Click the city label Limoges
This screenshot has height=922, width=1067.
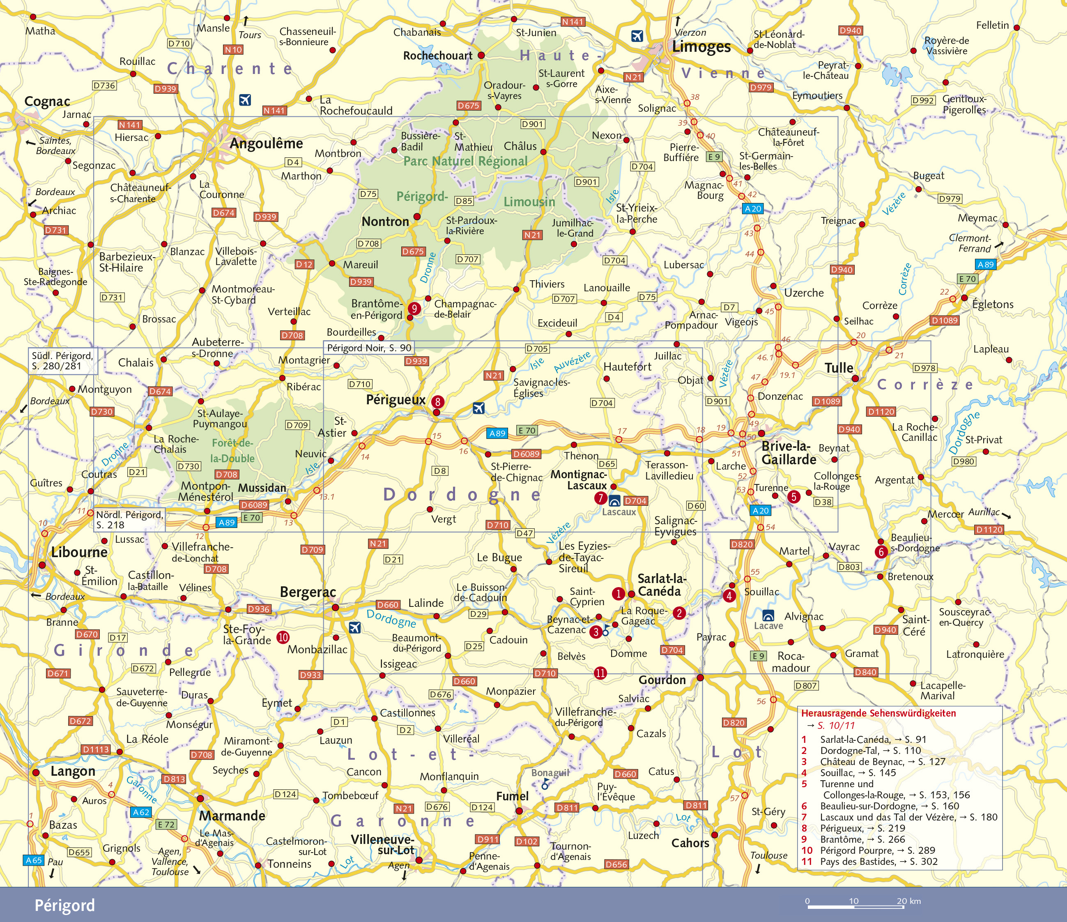tap(701, 47)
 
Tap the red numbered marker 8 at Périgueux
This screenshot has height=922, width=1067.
tap(438, 401)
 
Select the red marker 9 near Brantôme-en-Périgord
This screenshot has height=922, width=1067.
tap(414, 309)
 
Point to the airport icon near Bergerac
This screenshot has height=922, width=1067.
tap(354, 627)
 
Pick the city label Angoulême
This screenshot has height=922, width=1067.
tap(266, 143)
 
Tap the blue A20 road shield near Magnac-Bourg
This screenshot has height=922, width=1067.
tap(753, 209)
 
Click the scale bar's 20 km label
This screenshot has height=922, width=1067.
tap(908, 901)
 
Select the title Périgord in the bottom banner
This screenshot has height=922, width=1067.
tap(65, 905)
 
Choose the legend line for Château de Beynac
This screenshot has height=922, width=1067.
tap(883, 761)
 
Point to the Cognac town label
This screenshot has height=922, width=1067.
tap(47, 101)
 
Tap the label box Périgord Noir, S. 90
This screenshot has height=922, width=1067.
tap(369, 348)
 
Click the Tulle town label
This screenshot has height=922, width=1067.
tap(839, 368)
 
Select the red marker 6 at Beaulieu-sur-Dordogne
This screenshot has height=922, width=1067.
tap(881, 552)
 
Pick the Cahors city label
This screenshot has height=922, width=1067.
tap(690, 843)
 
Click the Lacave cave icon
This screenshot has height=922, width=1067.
tap(768, 615)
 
